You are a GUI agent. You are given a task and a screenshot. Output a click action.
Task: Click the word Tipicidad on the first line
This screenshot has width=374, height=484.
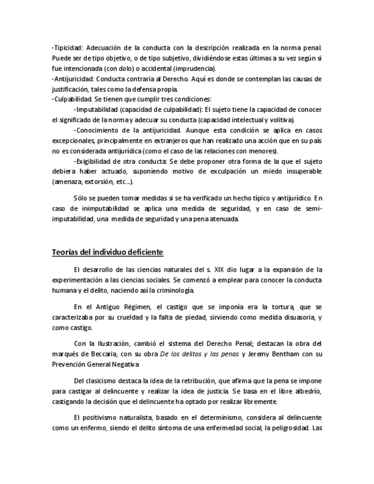click(68, 47)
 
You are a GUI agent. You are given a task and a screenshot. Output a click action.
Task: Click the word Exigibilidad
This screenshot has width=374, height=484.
click(96, 161)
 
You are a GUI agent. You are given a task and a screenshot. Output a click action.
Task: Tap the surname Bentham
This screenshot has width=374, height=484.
click(283, 354)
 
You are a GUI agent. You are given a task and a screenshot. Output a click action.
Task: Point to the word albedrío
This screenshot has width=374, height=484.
click(306, 391)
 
